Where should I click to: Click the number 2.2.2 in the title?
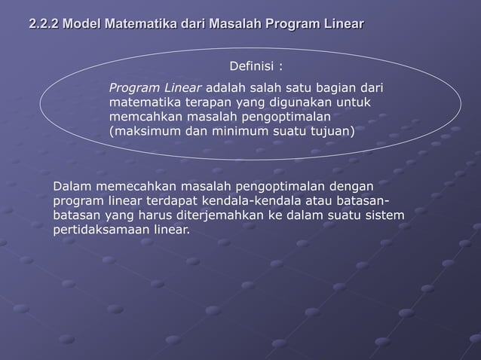pos(43,25)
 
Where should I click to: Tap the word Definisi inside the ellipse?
pos(252,66)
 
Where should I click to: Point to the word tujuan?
pos(332,131)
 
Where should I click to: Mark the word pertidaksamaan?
pos(101,229)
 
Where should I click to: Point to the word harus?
pos(158,215)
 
